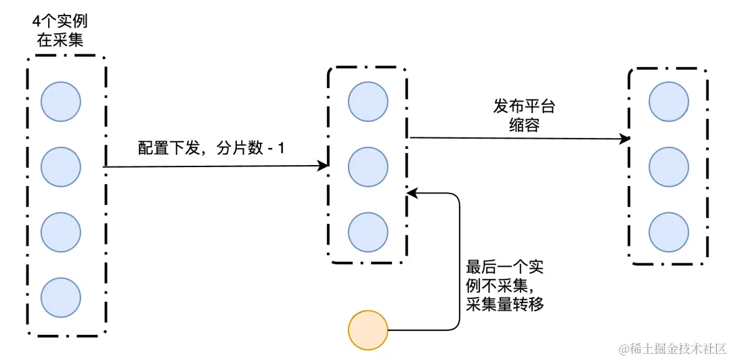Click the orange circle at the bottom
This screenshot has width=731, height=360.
pos(368,331)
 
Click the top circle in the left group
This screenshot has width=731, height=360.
pos(61,102)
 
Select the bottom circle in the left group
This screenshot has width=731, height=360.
pos(61,296)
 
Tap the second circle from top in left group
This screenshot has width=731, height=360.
pos(61,166)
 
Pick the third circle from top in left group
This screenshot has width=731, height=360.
pos(61,231)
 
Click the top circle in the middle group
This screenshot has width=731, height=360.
pos(368,102)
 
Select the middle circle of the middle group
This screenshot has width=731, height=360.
pos(368,166)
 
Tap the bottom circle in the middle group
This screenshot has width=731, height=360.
pos(368,231)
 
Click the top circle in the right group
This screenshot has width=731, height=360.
pos(669,102)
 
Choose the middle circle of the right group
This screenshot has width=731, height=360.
pos(669,166)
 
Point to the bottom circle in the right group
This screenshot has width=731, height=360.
pos(669,231)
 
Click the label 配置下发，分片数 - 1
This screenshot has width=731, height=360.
pos(211,148)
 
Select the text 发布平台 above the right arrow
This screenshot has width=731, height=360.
pos(525,107)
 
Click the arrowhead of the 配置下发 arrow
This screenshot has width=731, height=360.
pos(323,166)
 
